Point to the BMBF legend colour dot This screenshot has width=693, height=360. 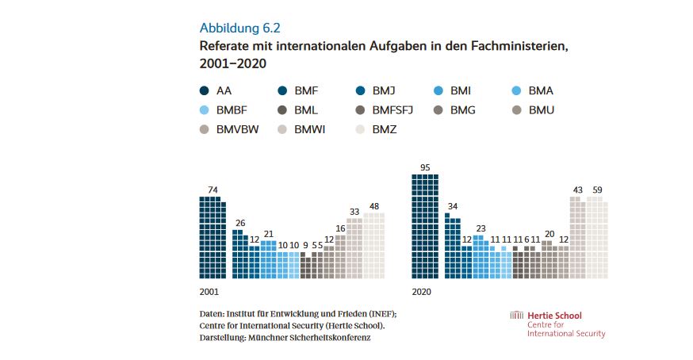pyautogui.click(x=205, y=109)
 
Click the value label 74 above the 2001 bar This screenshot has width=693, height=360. pyautogui.click(x=212, y=190)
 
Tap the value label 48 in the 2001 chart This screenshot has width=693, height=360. pyautogui.click(x=373, y=205)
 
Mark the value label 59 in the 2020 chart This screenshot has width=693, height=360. pyautogui.click(x=597, y=190)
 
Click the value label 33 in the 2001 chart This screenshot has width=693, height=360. pyautogui.click(x=354, y=212)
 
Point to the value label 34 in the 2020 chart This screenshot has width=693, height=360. pyautogui.click(x=452, y=207)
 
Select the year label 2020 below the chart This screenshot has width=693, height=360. pyautogui.click(x=421, y=291)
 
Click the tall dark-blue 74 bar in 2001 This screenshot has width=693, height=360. pyautogui.click(x=212, y=238)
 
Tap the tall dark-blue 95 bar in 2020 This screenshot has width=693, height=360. pyautogui.click(x=425, y=226)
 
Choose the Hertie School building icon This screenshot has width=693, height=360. pyautogui.click(x=516, y=315)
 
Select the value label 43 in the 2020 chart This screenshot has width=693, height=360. pyautogui.click(x=577, y=190)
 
